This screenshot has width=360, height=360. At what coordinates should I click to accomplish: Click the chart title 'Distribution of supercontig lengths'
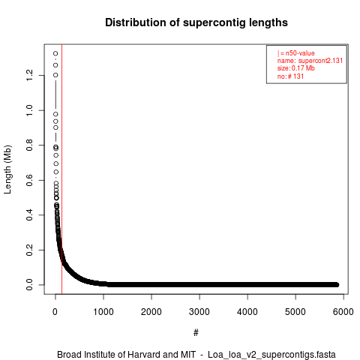pyautogui.click(x=196, y=22)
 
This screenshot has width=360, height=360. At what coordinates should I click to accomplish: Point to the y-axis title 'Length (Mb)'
pyautogui.click(x=7, y=169)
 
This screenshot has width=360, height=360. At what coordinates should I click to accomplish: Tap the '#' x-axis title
pyautogui.click(x=196, y=333)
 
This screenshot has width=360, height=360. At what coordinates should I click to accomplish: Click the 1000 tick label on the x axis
pyautogui.click(x=103, y=312)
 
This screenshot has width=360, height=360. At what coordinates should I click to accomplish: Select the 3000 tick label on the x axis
pyautogui.click(x=199, y=312)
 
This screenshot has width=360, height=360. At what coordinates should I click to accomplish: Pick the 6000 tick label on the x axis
pyautogui.click(x=343, y=312)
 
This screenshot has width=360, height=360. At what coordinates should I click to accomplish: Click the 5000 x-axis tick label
pyautogui.click(x=295, y=312)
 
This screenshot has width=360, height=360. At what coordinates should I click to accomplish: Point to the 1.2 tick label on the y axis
pyautogui.click(x=29, y=75)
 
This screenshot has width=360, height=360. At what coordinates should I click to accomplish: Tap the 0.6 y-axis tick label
pyautogui.click(x=29, y=180)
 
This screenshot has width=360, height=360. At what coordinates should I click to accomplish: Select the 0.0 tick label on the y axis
pyautogui.click(x=29, y=285)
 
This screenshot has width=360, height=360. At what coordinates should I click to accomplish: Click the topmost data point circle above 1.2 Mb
pyautogui.click(x=55, y=53)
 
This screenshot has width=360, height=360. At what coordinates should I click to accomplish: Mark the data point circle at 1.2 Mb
pyautogui.click(x=55, y=75)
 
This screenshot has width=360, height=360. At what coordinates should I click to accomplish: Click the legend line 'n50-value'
pyautogui.click(x=296, y=53)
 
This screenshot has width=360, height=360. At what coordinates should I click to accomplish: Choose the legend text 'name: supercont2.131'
pyautogui.click(x=310, y=61)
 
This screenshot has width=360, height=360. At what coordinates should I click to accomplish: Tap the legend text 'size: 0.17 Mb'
pyautogui.click(x=296, y=68)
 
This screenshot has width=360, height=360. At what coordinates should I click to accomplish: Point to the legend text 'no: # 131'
pyautogui.click(x=290, y=76)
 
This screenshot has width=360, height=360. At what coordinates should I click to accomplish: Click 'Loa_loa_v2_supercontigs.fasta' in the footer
pyautogui.click(x=271, y=355)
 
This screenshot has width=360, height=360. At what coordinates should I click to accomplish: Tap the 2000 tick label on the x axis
pyautogui.click(x=151, y=312)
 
